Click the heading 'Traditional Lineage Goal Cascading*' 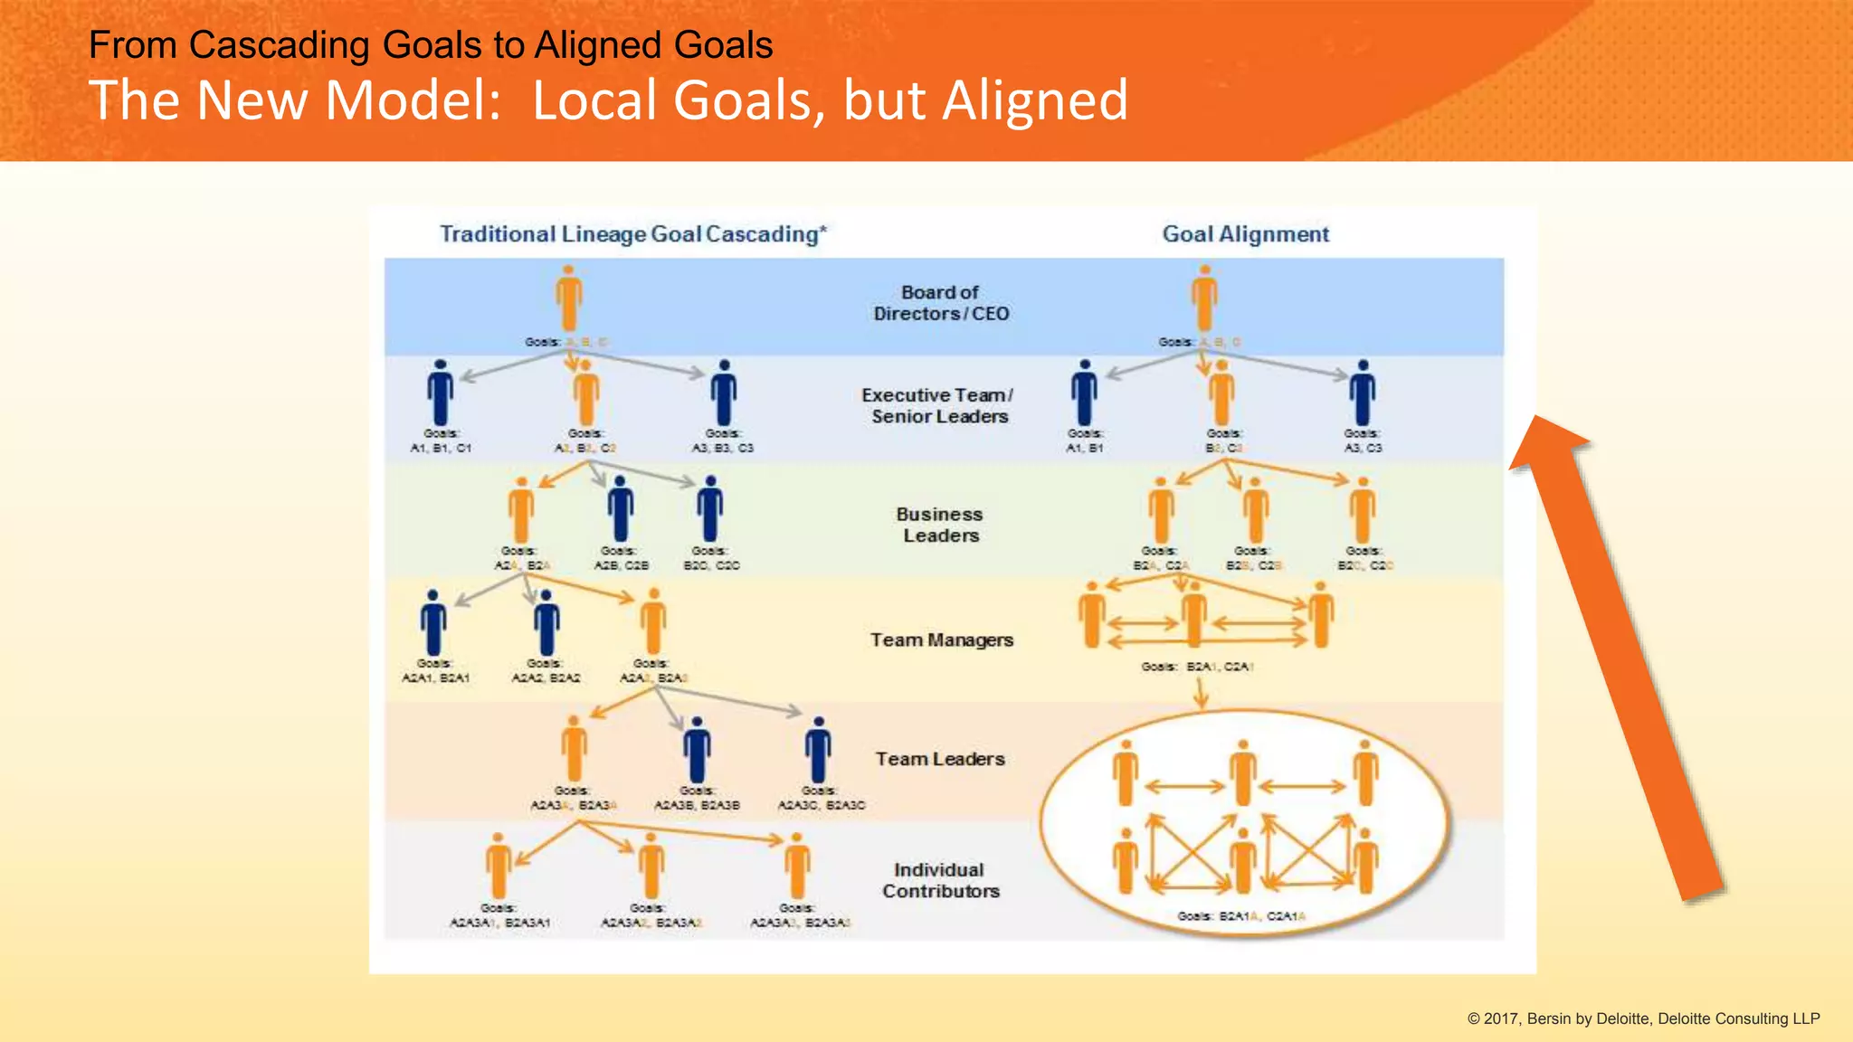(x=632, y=234)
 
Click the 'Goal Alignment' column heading (x=1245, y=234)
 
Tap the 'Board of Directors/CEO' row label (x=941, y=303)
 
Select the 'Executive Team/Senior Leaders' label (x=938, y=406)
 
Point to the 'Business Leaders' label (x=940, y=525)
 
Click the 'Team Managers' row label (x=941, y=640)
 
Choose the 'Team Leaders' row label (x=940, y=759)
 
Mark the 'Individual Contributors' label (x=940, y=880)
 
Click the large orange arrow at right (x=1620, y=660)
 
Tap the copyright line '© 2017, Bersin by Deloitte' (x=1642, y=1018)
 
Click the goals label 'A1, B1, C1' (x=441, y=449)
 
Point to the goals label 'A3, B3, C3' (x=722, y=449)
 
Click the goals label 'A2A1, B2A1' (x=435, y=677)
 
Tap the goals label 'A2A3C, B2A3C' (x=821, y=805)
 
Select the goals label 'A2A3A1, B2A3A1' (x=499, y=923)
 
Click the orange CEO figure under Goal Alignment (x=1204, y=298)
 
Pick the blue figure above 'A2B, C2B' (x=621, y=509)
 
